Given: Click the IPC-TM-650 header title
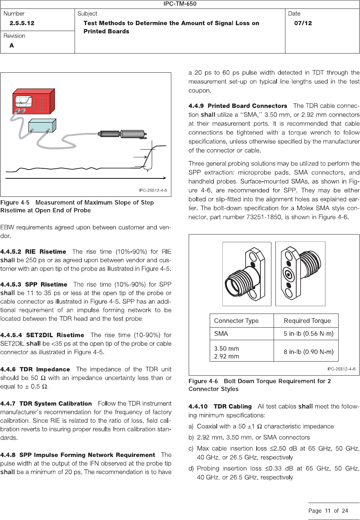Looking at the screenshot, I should point(180,4).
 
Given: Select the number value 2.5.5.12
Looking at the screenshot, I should point(22,23).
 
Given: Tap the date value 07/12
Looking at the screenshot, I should point(303,23).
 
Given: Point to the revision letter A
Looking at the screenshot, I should point(12,45).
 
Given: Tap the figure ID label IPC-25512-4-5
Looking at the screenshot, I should point(153,190).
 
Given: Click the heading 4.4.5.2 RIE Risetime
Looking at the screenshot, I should point(33,252).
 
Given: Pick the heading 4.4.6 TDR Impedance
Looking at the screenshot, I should point(35,369).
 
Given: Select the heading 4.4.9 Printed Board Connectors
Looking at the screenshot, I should point(238,106).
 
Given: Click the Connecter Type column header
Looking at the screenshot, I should point(236,321).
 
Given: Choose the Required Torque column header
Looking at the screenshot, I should point(307,321).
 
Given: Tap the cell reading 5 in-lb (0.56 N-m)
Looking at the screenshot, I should point(308,333).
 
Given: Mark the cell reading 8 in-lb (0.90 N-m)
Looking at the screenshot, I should point(308,352).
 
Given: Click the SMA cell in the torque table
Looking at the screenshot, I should point(221,333).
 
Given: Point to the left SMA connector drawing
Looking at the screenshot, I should point(247,274).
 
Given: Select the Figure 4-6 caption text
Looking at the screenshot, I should point(260,385).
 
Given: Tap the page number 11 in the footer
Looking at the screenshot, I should point(328,511).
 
